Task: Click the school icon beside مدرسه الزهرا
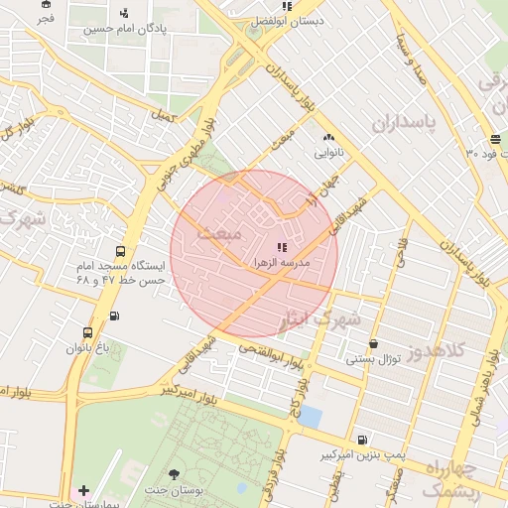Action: point(282,246)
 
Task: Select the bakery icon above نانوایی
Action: point(328,137)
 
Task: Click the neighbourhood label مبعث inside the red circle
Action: point(219,234)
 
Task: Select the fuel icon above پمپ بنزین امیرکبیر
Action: point(362,439)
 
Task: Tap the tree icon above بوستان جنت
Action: point(175,474)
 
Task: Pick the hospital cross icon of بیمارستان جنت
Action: point(83,490)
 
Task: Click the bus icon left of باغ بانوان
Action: point(88,333)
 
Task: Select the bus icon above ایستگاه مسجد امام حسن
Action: point(120,251)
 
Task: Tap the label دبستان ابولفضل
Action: point(283,20)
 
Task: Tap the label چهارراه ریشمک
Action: point(450,476)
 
